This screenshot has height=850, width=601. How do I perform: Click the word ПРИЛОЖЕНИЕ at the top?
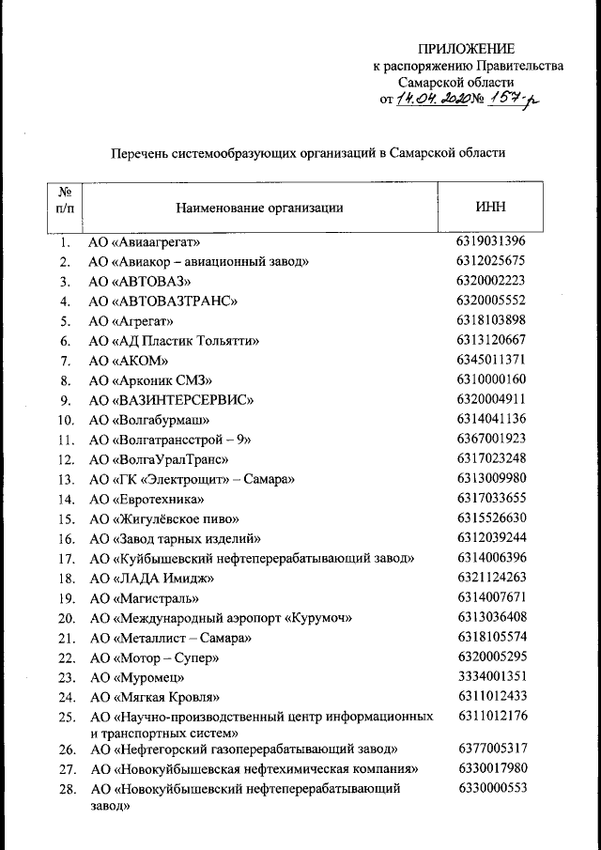(x=466, y=49)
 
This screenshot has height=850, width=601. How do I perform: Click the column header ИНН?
(x=491, y=207)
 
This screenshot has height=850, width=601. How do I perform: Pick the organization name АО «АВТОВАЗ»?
(x=140, y=281)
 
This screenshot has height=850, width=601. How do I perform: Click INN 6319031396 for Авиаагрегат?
(x=491, y=240)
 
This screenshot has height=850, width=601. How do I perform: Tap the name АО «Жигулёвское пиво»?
(x=163, y=518)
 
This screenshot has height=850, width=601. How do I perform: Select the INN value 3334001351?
(x=491, y=675)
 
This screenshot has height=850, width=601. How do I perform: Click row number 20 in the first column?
(x=66, y=617)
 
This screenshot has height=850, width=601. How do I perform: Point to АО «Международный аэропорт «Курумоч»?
(x=220, y=617)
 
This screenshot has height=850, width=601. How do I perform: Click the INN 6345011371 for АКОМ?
(x=491, y=360)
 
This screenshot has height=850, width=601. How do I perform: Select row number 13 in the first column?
(x=66, y=479)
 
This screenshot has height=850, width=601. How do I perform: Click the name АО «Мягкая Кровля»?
(x=154, y=696)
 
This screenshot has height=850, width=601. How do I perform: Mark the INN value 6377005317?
(x=491, y=748)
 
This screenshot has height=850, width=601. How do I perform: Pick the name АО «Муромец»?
(x=136, y=676)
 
